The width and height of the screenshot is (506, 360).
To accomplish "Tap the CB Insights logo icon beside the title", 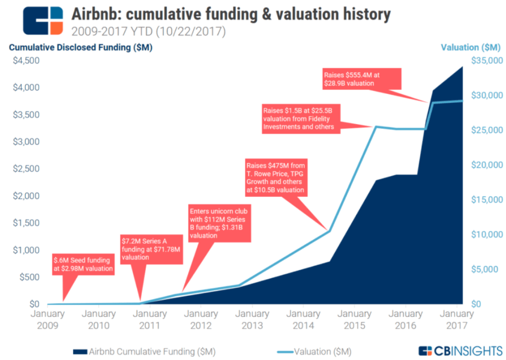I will (43, 21).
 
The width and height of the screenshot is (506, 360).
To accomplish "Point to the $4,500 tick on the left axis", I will (27, 61).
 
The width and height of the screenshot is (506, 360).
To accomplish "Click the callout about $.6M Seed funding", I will (83, 265).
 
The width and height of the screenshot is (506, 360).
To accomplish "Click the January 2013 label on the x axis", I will (252, 319).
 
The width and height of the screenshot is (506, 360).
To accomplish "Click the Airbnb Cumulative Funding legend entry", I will (143, 352).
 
